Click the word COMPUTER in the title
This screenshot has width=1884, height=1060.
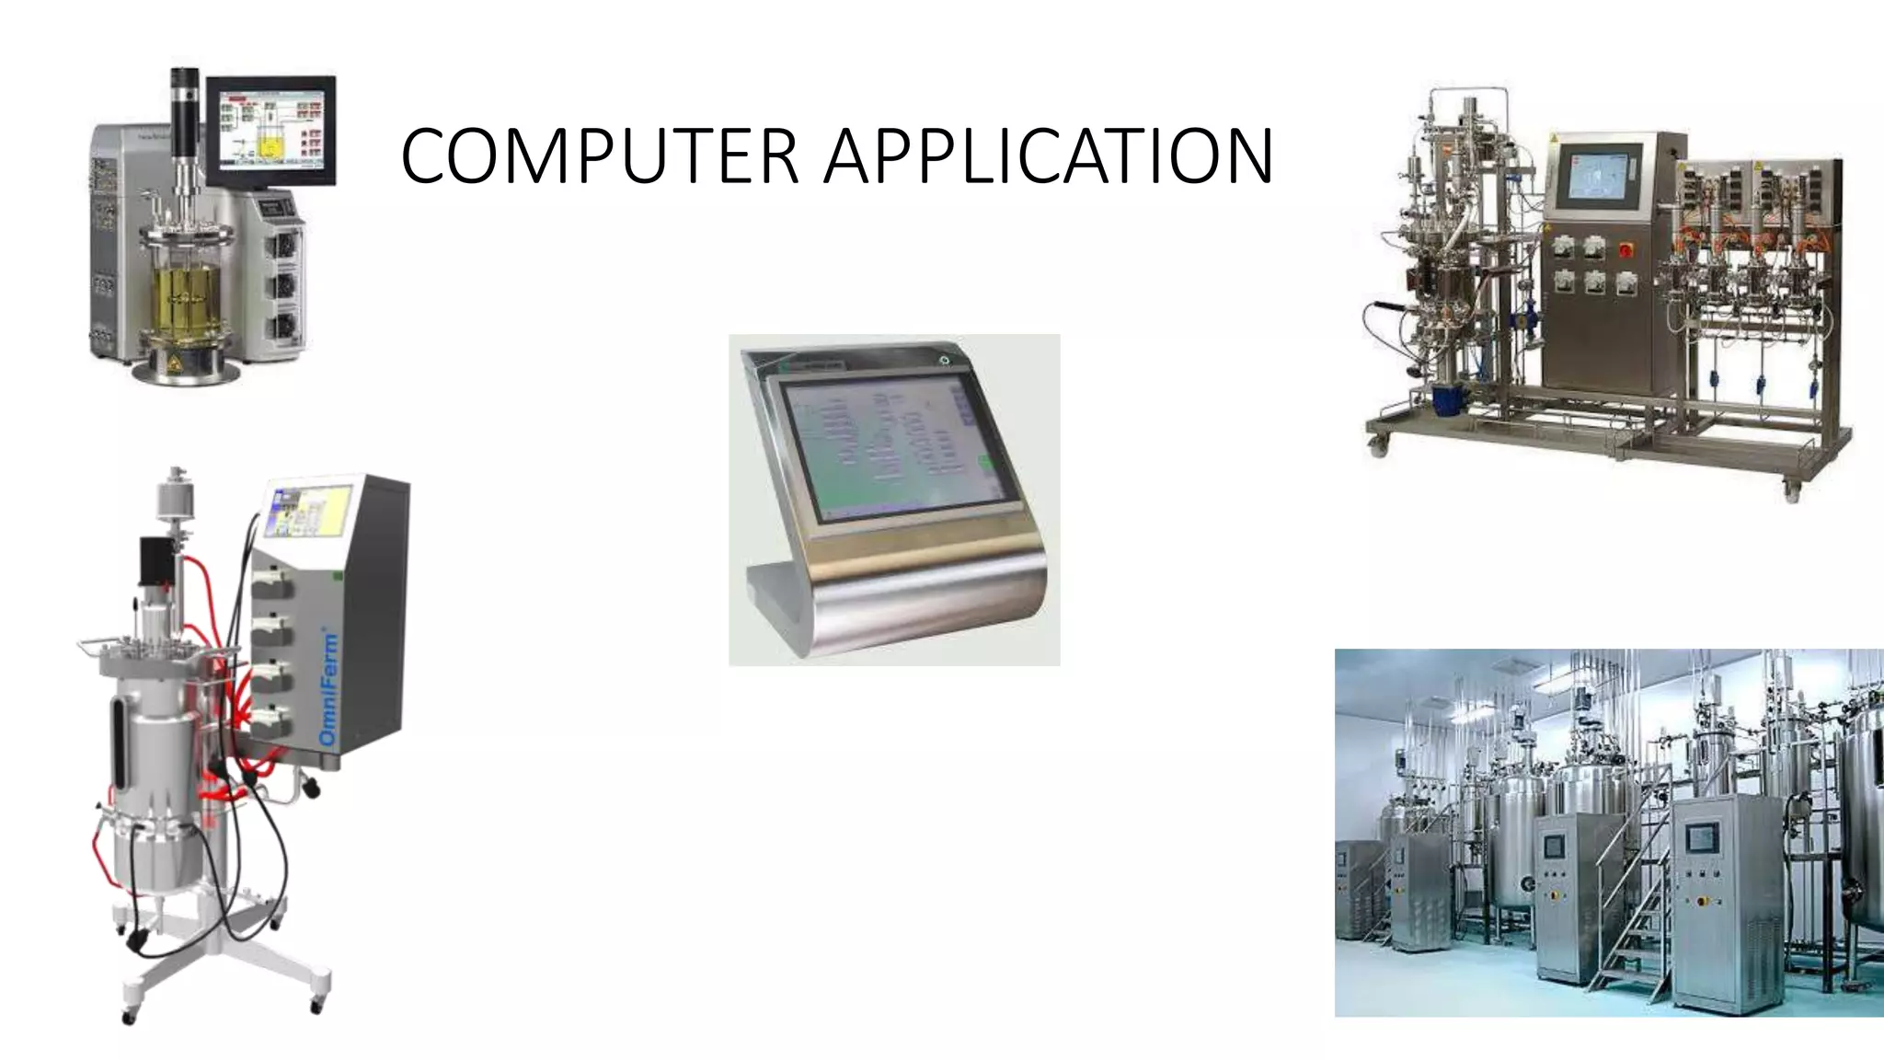pyautogui.click(x=598, y=156)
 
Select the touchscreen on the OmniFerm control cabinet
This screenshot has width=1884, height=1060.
pyautogui.click(x=309, y=511)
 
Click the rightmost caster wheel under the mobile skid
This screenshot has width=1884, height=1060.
pyautogui.click(x=1792, y=493)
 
